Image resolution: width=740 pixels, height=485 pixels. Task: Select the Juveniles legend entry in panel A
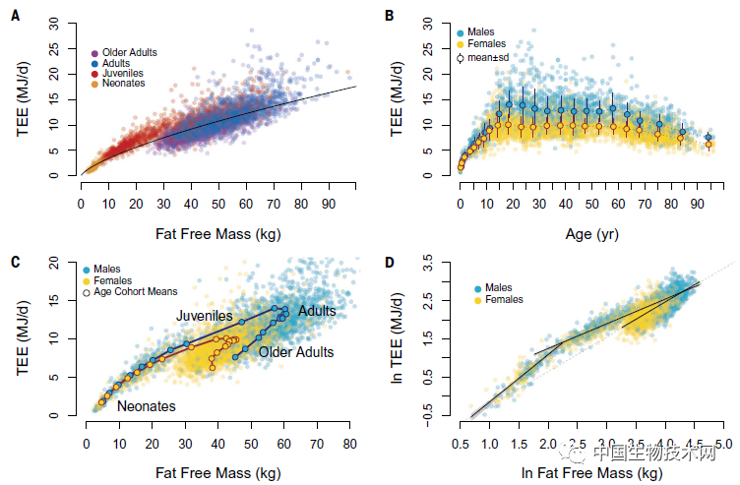click(x=124, y=74)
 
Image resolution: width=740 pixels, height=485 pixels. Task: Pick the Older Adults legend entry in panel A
click(x=130, y=52)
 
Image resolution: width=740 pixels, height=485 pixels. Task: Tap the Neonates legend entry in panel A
click(x=124, y=84)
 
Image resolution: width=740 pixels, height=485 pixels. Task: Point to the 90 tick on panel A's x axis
click(x=325, y=204)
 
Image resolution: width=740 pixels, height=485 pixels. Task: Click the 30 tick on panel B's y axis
click(x=429, y=22)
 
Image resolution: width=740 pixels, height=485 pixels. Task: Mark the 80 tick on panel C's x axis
click(x=348, y=444)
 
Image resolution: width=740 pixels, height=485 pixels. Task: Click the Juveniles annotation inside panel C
click(x=204, y=316)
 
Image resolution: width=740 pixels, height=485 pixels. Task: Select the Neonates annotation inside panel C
click(x=146, y=405)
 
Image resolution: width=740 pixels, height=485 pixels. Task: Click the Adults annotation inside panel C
click(x=317, y=311)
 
